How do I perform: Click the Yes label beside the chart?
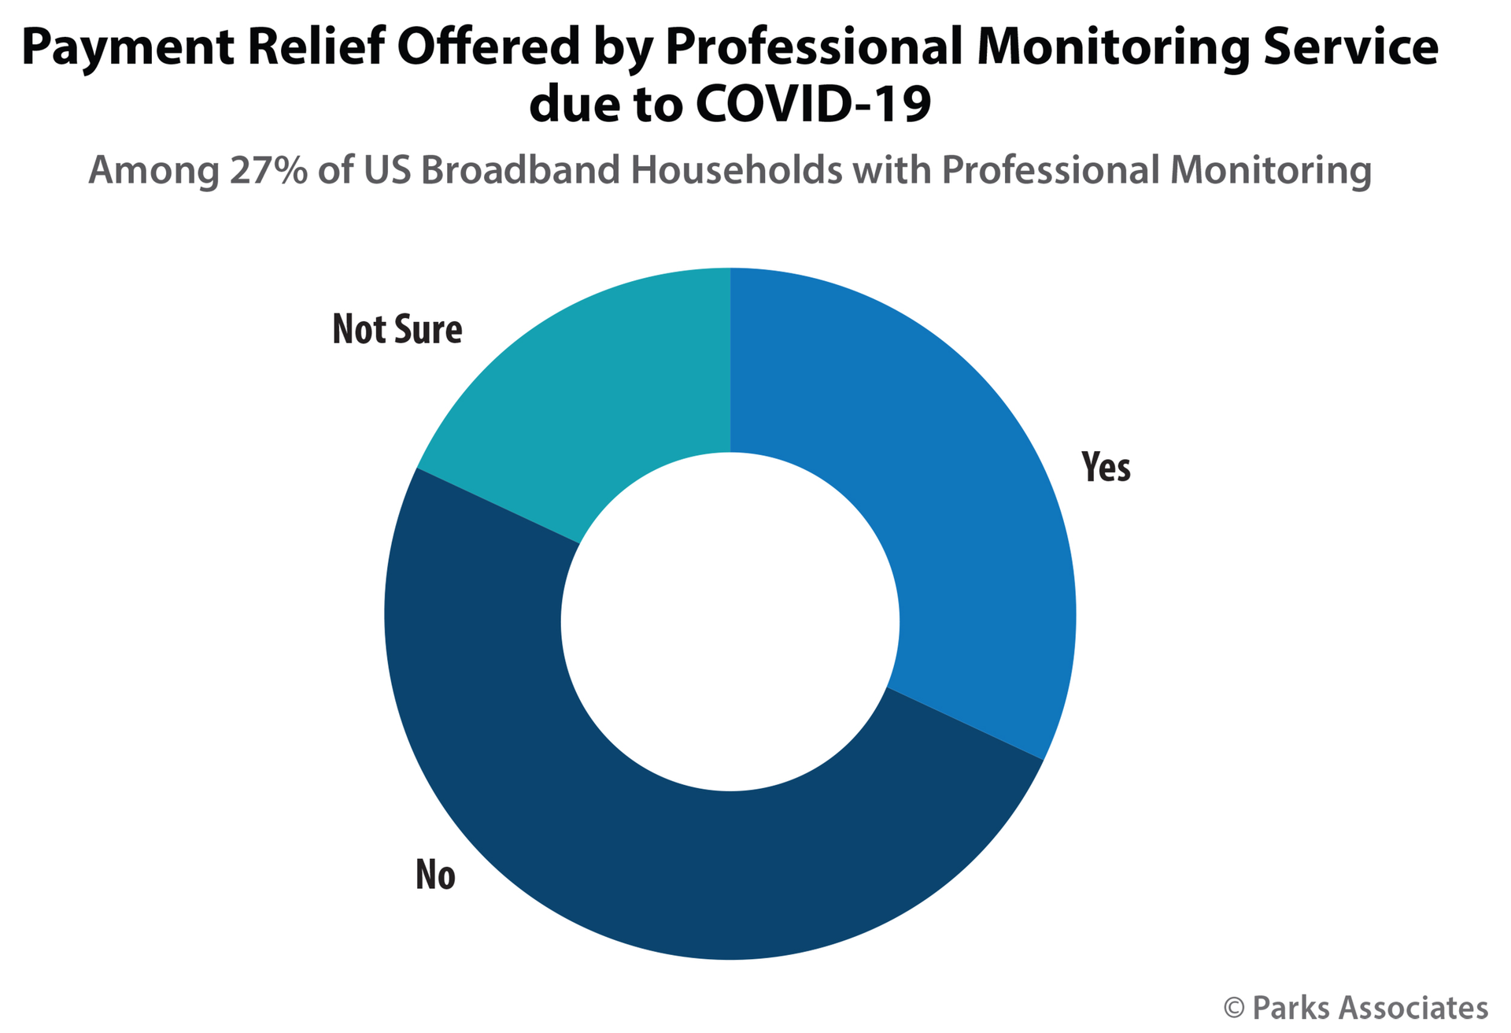click(x=1106, y=467)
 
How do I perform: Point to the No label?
click(x=435, y=875)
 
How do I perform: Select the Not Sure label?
click(x=397, y=329)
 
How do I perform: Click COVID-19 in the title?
click(x=813, y=105)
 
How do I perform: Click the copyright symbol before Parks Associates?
click(x=1233, y=1009)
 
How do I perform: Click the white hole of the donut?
click(x=730, y=622)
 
